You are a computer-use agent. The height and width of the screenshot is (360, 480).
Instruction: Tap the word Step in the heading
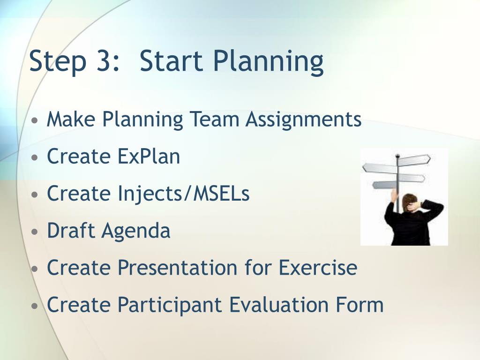[58, 62]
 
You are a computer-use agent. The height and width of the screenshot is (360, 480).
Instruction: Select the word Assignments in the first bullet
[303, 120]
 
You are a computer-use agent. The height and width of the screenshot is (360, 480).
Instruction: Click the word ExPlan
[149, 156]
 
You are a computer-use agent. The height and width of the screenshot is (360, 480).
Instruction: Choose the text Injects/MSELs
[184, 194]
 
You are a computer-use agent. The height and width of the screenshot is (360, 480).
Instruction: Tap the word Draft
[71, 230]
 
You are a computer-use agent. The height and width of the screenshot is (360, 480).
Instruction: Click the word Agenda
[135, 232]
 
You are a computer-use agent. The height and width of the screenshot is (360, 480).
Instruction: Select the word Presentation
[177, 267]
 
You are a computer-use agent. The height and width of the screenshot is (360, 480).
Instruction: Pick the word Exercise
[318, 267]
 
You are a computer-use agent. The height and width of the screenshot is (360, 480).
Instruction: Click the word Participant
[170, 305]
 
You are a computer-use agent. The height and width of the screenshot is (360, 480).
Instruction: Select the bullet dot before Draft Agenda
[35, 232]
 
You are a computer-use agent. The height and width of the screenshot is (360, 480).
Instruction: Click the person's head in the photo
[410, 202]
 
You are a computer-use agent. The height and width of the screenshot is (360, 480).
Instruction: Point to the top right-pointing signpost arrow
[414, 159]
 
